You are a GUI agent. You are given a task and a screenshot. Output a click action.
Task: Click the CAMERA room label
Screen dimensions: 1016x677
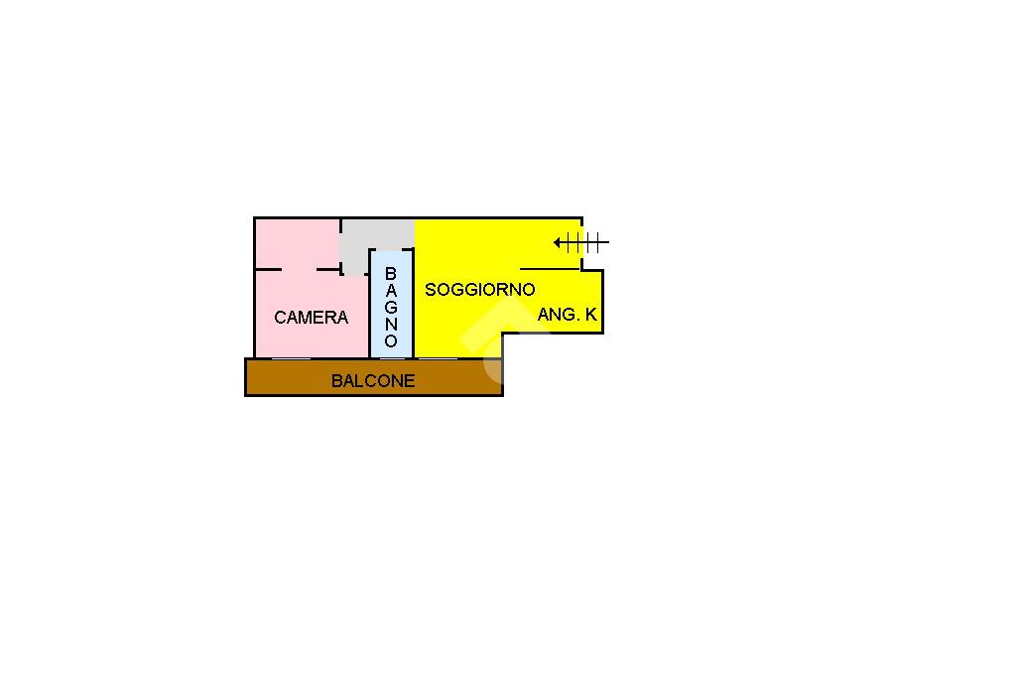311,318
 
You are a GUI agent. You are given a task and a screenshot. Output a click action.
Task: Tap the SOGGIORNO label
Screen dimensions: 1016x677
479,290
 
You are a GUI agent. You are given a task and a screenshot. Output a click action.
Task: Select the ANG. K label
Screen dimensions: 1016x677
567,315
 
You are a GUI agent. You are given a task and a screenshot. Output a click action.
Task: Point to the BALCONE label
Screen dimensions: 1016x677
373,380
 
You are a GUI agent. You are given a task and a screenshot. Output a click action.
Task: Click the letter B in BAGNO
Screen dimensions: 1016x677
391,274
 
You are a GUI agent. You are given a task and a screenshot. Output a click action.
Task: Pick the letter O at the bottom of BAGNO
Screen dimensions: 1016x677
391,341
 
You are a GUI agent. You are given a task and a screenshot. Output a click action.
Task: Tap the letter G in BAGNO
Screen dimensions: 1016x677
391,308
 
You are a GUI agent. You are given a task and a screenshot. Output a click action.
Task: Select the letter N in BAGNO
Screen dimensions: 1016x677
391,325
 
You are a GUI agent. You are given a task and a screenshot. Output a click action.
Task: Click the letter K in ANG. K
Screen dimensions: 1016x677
591,315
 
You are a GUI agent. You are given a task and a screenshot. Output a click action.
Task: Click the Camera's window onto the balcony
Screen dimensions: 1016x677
291,358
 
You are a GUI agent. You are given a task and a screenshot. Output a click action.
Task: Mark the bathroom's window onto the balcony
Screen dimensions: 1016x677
392,358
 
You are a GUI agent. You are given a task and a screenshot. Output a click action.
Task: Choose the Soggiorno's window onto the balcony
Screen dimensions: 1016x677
438,358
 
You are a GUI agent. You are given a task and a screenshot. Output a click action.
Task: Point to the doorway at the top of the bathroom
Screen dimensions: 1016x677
391,249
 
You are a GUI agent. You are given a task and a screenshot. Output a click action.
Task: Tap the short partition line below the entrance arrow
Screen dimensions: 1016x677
549,269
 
